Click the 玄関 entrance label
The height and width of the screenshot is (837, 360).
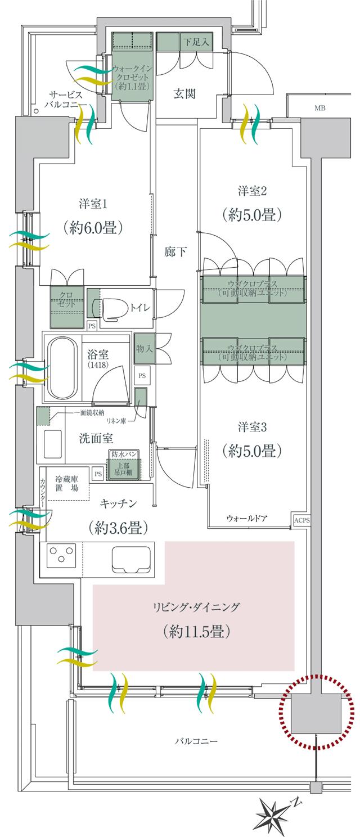click(x=184, y=94)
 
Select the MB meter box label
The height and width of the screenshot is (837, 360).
click(x=320, y=108)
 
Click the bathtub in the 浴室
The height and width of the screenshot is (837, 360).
click(x=62, y=366)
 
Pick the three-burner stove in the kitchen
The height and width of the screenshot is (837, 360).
click(x=61, y=557)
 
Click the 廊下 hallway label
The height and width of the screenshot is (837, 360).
click(x=176, y=253)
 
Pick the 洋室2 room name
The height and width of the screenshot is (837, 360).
click(x=251, y=192)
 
